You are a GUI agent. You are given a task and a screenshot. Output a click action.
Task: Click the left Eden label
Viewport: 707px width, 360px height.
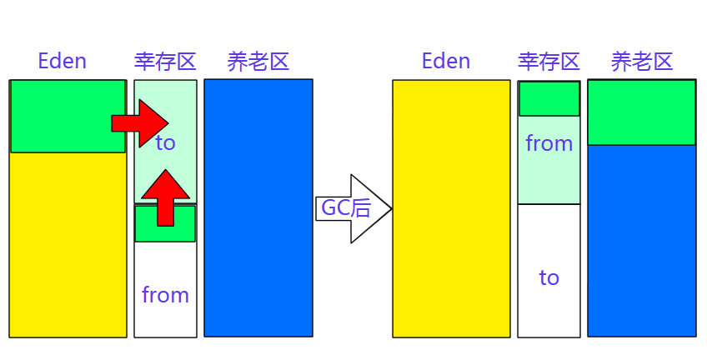pos(63,61)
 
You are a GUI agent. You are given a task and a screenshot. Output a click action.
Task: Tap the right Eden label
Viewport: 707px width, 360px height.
pos(446,61)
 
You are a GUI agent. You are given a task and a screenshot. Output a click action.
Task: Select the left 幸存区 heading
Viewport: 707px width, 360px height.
pos(165,61)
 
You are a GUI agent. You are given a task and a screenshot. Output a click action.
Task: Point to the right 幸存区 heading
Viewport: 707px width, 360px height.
pos(549,61)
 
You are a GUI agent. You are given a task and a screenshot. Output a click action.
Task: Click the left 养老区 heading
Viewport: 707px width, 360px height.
pos(258,61)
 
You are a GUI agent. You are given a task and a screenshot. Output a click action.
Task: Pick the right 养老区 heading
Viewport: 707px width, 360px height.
pos(641,61)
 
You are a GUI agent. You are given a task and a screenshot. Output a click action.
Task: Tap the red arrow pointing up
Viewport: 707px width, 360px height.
pos(166,197)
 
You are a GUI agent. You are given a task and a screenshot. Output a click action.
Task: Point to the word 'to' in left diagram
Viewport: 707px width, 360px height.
pos(165,143)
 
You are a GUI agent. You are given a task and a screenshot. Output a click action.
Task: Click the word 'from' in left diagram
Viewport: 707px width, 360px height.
pos(165,295)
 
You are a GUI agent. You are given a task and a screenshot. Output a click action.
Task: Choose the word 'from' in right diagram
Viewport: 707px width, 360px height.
pos(549,143)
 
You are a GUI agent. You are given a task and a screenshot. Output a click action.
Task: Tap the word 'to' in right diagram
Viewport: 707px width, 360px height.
pos(549,277)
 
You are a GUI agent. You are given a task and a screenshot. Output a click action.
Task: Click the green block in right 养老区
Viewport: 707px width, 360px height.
pos(641,112)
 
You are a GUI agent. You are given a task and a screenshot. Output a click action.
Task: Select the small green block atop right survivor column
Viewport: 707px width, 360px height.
pos(549,98)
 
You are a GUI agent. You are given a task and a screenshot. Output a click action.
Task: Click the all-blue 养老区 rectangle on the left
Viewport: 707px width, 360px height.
pos(258,208)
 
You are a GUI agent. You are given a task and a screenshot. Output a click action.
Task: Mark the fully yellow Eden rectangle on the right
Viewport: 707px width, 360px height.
pos(451,208)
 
